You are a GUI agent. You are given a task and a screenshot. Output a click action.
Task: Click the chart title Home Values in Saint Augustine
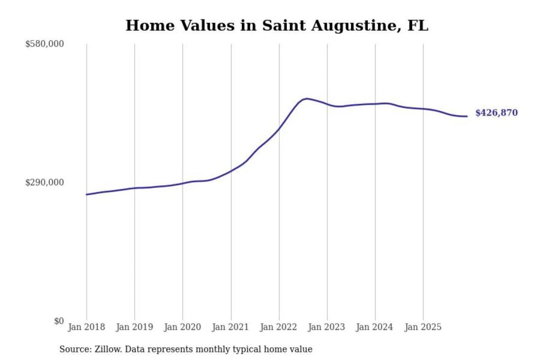click(277, 25)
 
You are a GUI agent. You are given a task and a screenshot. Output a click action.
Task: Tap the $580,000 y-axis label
click(45, 44)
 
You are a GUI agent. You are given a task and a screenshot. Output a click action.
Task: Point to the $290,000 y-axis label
click(45, 183)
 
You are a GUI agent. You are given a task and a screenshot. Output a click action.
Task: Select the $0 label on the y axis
click(59, 321)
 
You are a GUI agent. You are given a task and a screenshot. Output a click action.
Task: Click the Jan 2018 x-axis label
click(86, 327)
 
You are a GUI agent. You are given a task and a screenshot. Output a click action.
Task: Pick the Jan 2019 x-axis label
click(135, 327)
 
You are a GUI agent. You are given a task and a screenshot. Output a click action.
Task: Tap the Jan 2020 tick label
click(183, 327)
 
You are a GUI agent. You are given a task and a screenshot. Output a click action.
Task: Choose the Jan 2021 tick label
click(231, 327)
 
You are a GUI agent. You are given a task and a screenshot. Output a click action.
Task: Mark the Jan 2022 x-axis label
click(279, 327)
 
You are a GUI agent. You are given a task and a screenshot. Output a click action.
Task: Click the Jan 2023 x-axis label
click(327, 327)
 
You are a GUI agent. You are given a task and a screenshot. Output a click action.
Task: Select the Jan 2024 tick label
click(375, 327)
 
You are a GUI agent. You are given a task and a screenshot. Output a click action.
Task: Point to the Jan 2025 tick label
click(423, 327)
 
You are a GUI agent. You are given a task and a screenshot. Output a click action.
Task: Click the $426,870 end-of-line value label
click(496, 113)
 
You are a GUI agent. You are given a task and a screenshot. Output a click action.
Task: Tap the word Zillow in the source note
click(108, 349)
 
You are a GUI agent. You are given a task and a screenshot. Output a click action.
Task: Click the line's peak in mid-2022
click(307, 99)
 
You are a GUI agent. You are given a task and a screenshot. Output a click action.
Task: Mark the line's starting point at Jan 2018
click(87, 194)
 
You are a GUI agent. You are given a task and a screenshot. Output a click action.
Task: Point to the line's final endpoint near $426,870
click(467, 116)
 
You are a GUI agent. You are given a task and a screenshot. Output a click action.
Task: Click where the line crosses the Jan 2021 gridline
click(231, 171)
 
